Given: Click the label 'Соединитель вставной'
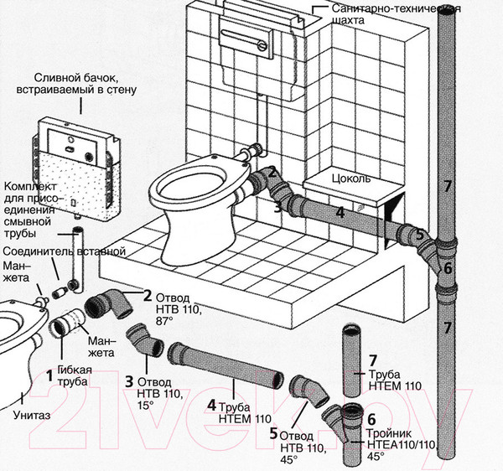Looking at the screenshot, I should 65,251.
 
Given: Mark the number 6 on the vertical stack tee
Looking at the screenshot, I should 449,268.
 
